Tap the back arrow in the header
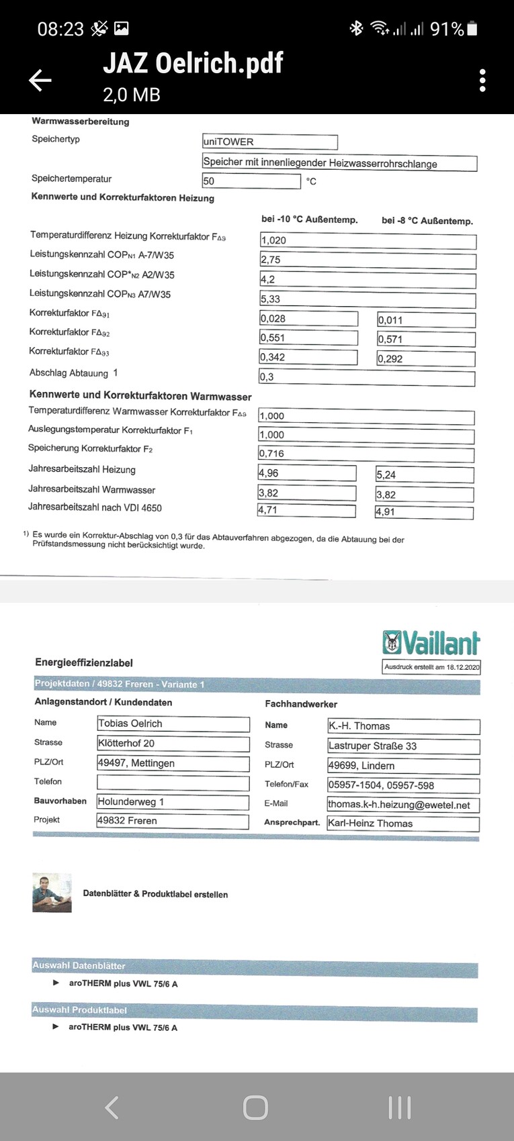pyautogui.click(x=40, y=81)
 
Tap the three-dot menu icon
pyautogui.click(x=482, y=81)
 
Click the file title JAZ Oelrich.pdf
pyautogui.click(x=193, y=63)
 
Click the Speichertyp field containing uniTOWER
pyautogui.click(x=269, y=142)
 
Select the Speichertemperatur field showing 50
pyautogui.click(x=251, y=181)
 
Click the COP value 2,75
pyautogui.click(x=368, y=260)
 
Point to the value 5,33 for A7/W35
pyautogui.click(x=368, y=299)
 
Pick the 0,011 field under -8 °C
pyautogui.click(x=426, y=321)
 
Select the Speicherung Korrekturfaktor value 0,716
pyautogui.click(x=366, y=454)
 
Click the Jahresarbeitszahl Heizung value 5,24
pyautogui.click(x=425, y=475)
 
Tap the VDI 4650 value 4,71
pyautogui.click(x=306, y=511)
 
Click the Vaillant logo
pyautogui.click(x=431, y=643)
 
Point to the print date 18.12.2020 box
pyautogui.click(x=432, y=667)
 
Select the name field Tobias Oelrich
pyautogui.click(x=173, y=724)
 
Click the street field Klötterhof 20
pyautogui.click(x=173, y=744)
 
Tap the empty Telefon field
pyautogui.click(x=173, y=783)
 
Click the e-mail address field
pyautogui.click(x=403, y=805)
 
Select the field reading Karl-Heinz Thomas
pyautogui.click(x=403, y=824)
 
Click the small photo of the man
pyautogui.click(x=52, y=893)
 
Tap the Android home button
pyautogui.click(x=255, y=1107)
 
